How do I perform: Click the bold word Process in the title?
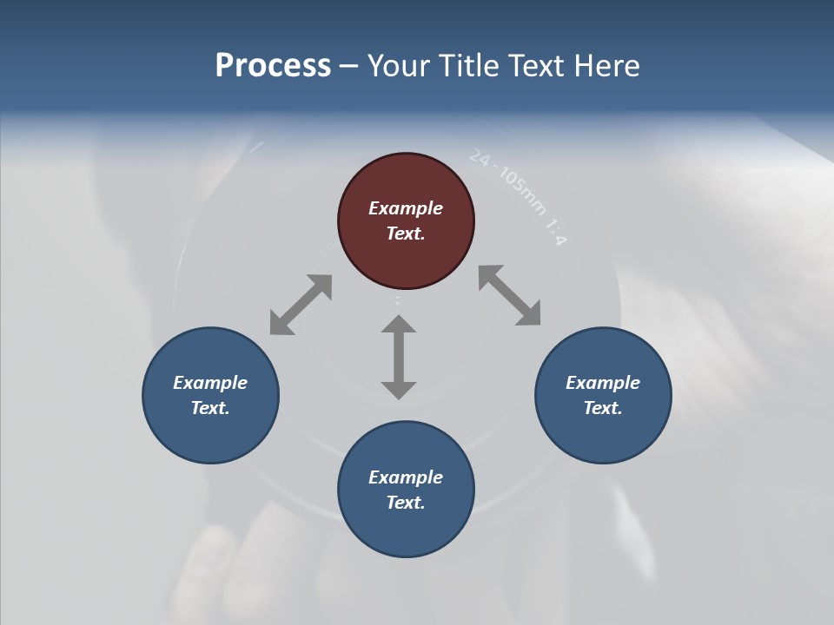(273, 66)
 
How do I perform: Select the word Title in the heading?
(465, 66)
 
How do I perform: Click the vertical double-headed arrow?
(399, 357)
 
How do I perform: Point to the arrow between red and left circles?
(301, 305)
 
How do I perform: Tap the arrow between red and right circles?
(509, 296)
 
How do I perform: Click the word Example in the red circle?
(406, 208)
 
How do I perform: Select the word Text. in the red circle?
(406, 234)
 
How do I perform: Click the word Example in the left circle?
(210, 383)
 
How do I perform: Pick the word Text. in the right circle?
(603, 408)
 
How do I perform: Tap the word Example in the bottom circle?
(406, 477)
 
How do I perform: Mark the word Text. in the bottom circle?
(406, 503)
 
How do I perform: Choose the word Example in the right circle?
(603, 383)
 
